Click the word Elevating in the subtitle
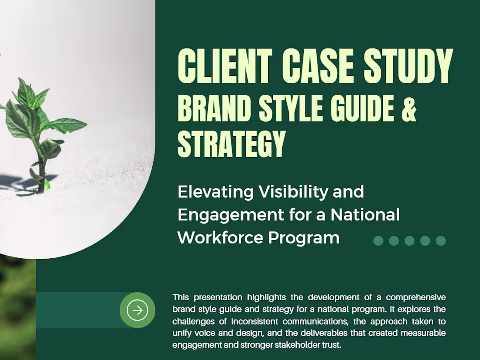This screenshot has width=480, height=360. (x=216, y=192)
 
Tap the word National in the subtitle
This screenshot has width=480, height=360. (x=365, y=215)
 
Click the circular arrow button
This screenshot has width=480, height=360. (x=137, y=310)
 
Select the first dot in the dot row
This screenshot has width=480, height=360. (x=378, y=241)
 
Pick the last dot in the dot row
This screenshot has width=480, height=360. (x=441, y=241)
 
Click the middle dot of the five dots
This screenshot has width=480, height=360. (x=409, y=241)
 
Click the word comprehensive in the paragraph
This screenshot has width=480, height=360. (x=416, y=298)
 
